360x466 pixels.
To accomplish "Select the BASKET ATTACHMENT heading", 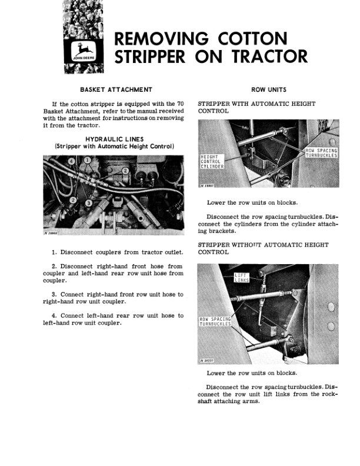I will click(x=112, y=89).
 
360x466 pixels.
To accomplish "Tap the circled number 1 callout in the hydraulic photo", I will click(x=87, y=160).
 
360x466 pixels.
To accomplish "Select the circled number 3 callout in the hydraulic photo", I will click(x=88, y=203).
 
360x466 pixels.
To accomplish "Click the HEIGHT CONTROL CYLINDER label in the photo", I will click(x=211, y=161).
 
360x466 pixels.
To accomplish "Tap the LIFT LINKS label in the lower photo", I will click(x=242, y=278).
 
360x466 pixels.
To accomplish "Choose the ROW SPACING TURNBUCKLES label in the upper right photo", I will click(x=321, y=153).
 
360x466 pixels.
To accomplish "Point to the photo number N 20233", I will click(x=208, y=361).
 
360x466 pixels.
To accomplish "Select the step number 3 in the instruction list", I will click(x=54, y=294).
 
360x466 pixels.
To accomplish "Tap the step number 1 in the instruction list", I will click(x=54, y=252).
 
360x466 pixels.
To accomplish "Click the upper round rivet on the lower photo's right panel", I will click(x=332, y=305).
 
